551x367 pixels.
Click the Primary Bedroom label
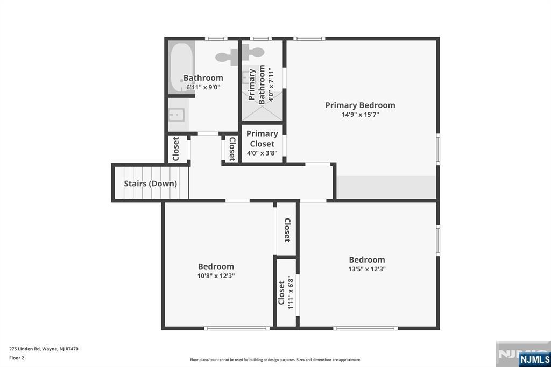coord(360,105)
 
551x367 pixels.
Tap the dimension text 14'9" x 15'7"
coord(360,115)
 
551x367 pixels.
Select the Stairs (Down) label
coord(151,183)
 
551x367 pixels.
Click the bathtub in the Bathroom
coord(181,67)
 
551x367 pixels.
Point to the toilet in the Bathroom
coord(228,57)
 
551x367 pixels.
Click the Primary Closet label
coord(262,139)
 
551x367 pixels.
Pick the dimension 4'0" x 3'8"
coord(262,153)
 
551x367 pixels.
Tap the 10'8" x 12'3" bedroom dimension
coord(216,276)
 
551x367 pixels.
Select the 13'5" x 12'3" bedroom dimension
coord(367,269)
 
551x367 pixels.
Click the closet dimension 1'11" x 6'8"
coord(291,293)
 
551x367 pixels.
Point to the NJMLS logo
coord(534,359)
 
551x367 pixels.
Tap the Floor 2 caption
coord(17,358)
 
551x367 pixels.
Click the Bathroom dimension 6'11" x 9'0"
coord(203,87)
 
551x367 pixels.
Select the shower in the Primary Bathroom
coord(262,106)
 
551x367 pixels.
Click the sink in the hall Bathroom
coord(176,115)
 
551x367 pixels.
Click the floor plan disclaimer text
coord(275,359)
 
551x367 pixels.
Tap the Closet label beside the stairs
coord(176,149)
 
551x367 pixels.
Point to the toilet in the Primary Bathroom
coord(253,53)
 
